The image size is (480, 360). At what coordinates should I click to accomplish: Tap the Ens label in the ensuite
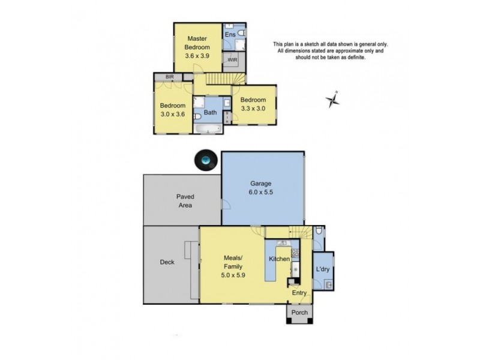point(229,35)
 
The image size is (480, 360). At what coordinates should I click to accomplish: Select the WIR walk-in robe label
point(232,61)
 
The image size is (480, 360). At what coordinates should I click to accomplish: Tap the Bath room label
point(210,113)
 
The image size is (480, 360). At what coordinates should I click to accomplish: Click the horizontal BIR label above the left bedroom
point(161,77)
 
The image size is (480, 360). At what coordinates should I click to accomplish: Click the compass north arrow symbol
point(333,100)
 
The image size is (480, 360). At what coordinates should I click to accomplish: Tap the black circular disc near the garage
point(206,160)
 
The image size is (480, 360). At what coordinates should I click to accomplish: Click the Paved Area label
point(184,201)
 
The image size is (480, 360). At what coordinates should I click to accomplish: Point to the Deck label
point(167,262)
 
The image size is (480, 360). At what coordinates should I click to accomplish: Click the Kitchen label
point(279,259)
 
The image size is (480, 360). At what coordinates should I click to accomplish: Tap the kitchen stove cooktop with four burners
point(295,255)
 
